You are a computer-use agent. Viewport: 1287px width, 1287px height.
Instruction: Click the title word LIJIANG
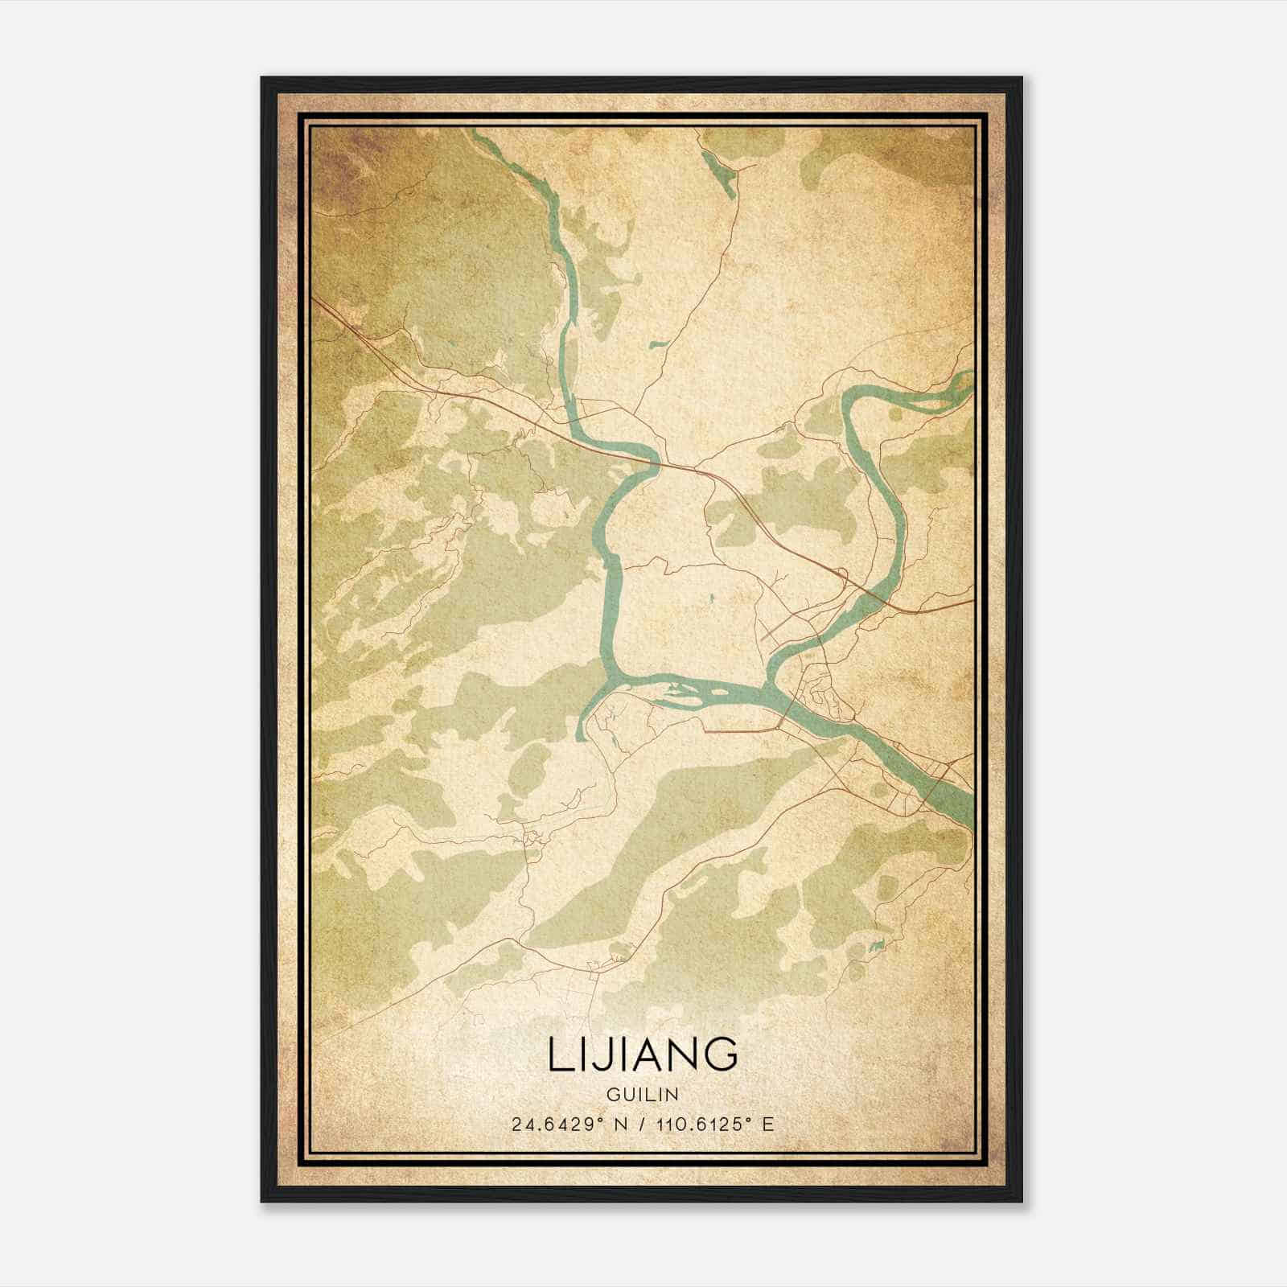tap(643, 1054)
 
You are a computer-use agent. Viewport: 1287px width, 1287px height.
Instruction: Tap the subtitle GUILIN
tap(643, 1094)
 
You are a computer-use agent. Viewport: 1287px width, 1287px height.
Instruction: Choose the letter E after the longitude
tap(768, 1124)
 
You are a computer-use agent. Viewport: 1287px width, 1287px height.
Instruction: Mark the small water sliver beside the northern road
tap(660, 345)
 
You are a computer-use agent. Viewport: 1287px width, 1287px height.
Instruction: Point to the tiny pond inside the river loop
tap(712, 598)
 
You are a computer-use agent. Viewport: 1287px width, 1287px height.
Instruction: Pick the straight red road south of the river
tap(740, 730)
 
